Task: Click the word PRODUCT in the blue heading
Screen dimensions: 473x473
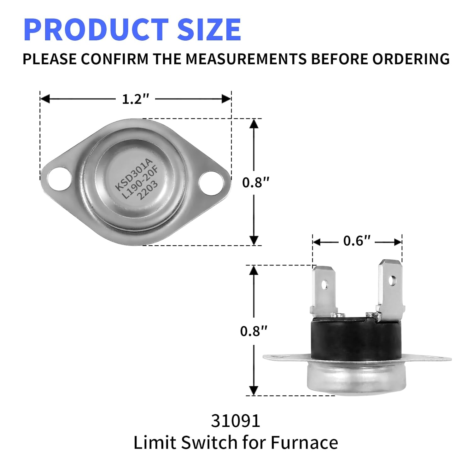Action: coord(96,30)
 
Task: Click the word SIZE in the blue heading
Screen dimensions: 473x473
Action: coord(209,30)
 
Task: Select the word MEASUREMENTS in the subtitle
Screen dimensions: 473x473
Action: coord(246,59)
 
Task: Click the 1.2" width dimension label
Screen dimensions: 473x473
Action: coord(135,99)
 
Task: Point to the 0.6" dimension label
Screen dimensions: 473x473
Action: coord(357,241)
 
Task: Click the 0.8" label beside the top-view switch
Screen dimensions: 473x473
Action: coord(256,183)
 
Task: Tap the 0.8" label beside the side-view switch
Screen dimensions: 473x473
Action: coord(254,331)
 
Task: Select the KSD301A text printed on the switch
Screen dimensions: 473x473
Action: coord(133,175)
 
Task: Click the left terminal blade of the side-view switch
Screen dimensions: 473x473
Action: coord(324,290)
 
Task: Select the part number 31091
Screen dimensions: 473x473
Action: coord(236,421)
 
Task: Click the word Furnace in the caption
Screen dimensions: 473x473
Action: coord(304,442)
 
